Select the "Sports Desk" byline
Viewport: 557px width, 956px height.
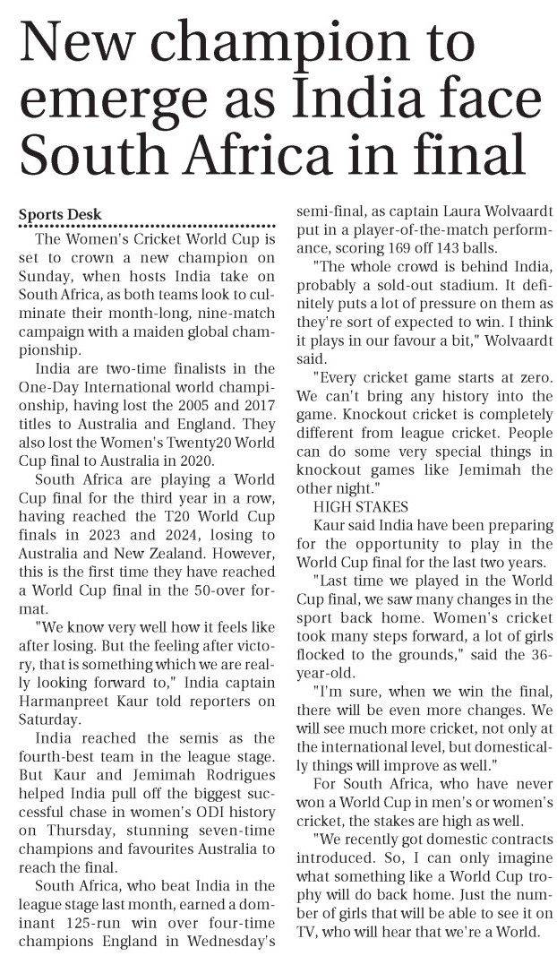tap(61, 215)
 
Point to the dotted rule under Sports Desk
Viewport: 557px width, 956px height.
tap(147, 227)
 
